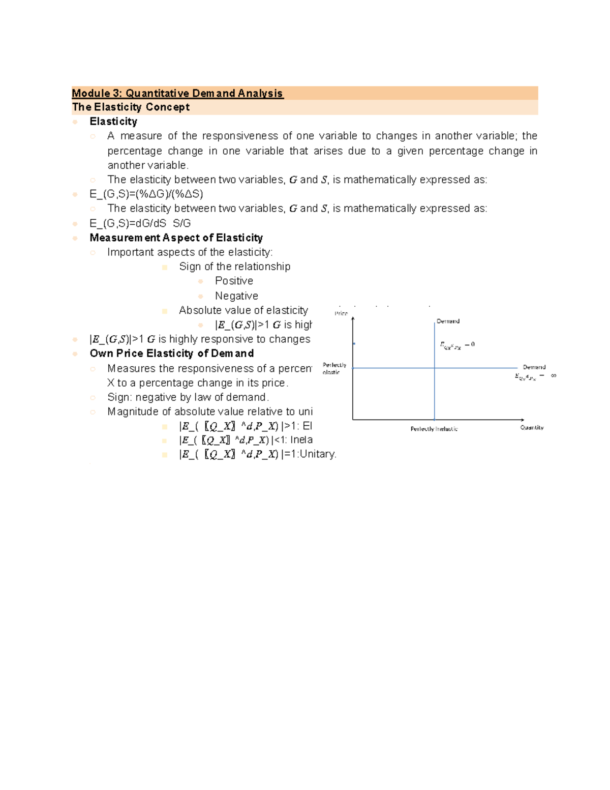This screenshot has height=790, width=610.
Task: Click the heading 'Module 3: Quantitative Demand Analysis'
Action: pyautogui.click(x=177, y=93)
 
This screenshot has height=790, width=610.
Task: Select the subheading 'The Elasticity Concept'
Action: pyautogui.click(x=131, y=107)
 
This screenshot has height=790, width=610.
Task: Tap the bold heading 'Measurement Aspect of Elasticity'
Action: pyautogui.click(x=176, y=238)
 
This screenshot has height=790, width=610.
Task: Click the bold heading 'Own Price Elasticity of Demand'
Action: pyautogui.click(x=171, y=354)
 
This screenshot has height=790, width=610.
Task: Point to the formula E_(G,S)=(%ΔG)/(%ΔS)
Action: pyautogui.click(x=146, y=194)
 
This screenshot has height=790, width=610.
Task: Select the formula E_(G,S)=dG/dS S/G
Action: pyautogui.click(x=140, y=223)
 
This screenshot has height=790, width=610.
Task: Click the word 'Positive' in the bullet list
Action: pyautogui.click(x=234, y=281)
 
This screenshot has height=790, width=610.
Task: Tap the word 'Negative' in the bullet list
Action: pyautogui.click(x=236, y=296)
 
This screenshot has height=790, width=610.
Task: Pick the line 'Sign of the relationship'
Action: pyautogui.click(x=234, y=267)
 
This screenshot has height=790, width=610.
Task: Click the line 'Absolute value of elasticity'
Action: pyautogui.click(x=243, y=310)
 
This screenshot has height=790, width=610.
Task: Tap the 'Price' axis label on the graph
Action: pyautogui.click(x=341, y=313)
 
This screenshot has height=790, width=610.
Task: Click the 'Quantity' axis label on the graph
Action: pyautogui.click(x=532, y=428)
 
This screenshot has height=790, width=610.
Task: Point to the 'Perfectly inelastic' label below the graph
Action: pyautogui.click(x=434, y=429)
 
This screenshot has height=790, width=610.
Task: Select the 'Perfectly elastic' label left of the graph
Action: pyautogui.click(x=334, y=368)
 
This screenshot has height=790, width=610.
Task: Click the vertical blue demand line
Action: pyautogui.click(x=435, y=392)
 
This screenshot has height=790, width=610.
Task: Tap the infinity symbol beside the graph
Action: pyautogui.click(x=554, y=375)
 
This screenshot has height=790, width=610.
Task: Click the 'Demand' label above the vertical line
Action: pyautogui.click(x=448, y=321)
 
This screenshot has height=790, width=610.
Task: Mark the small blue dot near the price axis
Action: pyautogui.click(x=354, y=344)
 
